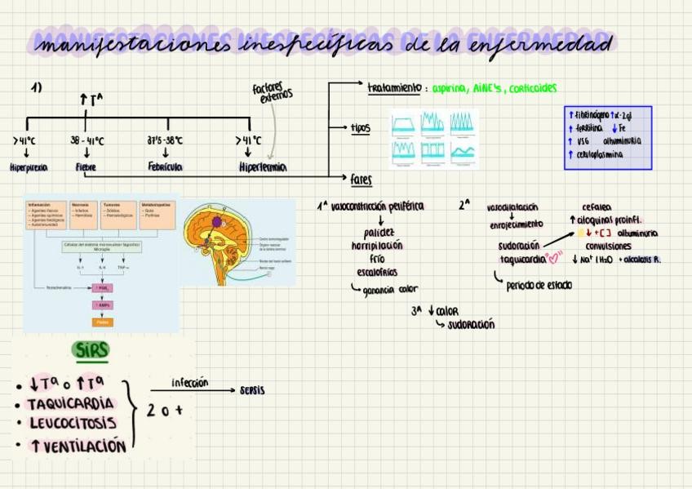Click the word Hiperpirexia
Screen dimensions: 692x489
(29, 167)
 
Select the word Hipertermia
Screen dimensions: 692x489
(263, 167)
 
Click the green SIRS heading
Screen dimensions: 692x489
(91, 350)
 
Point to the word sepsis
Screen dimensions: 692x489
(252, 390)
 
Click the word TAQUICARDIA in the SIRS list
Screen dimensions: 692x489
(70, 404)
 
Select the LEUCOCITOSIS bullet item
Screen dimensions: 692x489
(73, 424)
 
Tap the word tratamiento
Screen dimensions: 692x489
(394, 87)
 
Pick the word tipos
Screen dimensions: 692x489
(360, 127)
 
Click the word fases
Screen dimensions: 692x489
(361, 179)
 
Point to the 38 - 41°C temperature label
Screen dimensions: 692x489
(86, 140)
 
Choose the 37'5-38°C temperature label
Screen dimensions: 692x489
(165, 140)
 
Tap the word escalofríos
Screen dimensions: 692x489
(377, 272)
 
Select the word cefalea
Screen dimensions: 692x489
(597, 207)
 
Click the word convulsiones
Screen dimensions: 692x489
(608, 246)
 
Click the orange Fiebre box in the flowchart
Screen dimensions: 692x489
(104, 322)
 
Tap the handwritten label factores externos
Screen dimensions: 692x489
(273, 93)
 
